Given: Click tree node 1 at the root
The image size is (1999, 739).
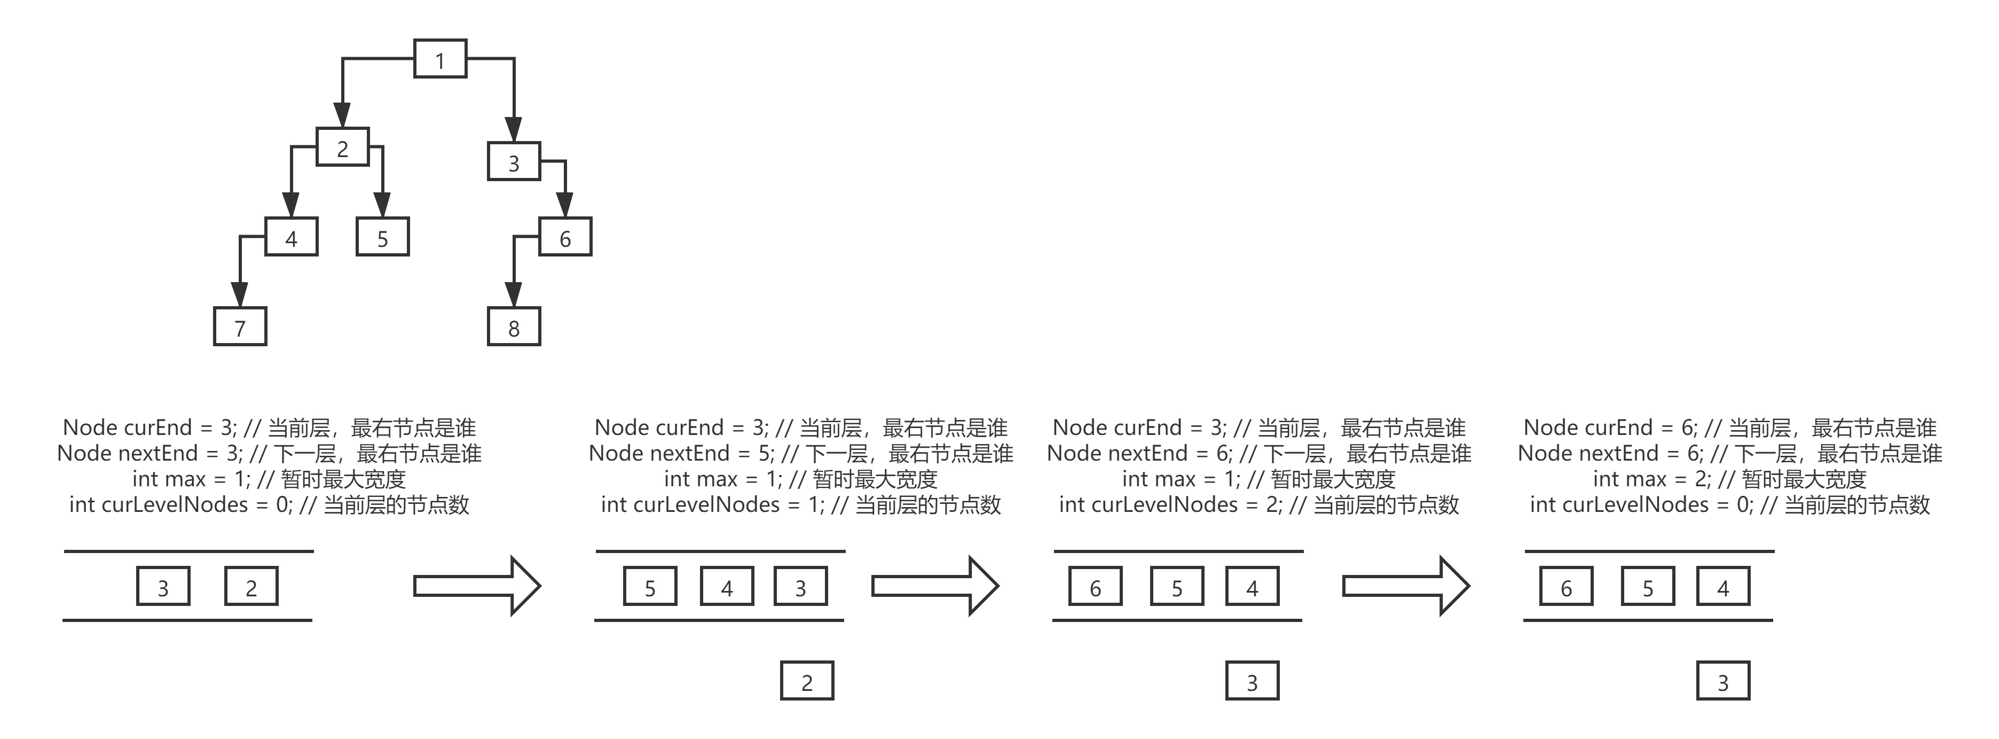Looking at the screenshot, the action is [x=440, y=59].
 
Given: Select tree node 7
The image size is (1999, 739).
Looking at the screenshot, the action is [x=240, y=327].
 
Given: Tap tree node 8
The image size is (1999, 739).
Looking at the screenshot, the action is [x=514, y=327].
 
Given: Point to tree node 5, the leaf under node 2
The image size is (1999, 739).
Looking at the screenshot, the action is [x=383, y=238].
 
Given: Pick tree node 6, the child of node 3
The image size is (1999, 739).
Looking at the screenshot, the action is [x=565, y=238].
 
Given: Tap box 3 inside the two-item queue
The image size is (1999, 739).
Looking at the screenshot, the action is [x=163, y=587].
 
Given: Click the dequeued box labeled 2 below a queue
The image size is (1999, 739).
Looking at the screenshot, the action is [x=807, y=681].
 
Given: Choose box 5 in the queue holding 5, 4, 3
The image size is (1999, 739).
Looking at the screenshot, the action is [x=650, y=587].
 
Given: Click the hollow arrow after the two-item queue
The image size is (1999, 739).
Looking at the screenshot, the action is [x=476, y=585].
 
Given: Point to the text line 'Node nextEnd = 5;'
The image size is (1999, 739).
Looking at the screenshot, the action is [x=801, y=453].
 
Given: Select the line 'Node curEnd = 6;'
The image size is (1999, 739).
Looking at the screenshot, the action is [x=1730, y=427].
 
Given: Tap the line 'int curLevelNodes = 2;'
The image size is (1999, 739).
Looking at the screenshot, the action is [x=1258, y=504].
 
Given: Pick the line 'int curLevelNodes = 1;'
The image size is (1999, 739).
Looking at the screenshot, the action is [x=801, y=504].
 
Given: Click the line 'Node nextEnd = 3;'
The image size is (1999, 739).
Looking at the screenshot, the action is [x=269, y=453].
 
